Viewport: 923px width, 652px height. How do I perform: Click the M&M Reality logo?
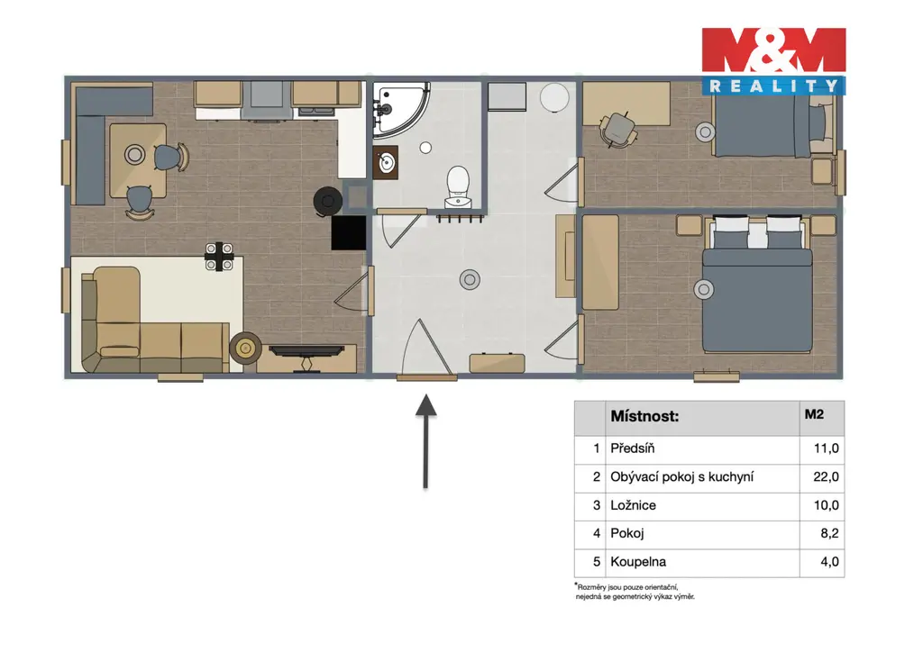(773, 61)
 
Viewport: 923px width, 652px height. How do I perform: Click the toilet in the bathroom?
(457, 187)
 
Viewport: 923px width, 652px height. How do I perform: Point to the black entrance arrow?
(425, 441)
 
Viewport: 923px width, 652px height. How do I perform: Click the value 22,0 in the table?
(826, 476)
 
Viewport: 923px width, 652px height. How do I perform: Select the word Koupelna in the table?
(638, 561)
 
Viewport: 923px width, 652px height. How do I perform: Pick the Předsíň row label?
(632, 448)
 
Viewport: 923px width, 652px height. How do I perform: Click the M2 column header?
(814, 414)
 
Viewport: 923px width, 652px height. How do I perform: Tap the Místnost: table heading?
(644, 416)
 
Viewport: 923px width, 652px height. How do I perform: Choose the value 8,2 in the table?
(829, 533)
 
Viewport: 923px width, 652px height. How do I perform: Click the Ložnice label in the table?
(633, 505)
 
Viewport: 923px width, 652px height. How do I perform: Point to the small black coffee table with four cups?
(219, 257)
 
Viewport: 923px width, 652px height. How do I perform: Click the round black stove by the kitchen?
(328, 202)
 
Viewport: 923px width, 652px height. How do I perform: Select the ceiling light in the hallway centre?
(470, 280)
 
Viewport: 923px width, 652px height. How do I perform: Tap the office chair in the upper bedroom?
(618, 130)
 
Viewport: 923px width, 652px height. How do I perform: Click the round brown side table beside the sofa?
(245, 349)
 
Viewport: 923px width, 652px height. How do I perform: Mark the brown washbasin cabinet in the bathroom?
(386, 162)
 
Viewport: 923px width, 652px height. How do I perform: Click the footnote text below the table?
(635, 592)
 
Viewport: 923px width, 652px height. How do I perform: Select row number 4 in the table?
(597, 533)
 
